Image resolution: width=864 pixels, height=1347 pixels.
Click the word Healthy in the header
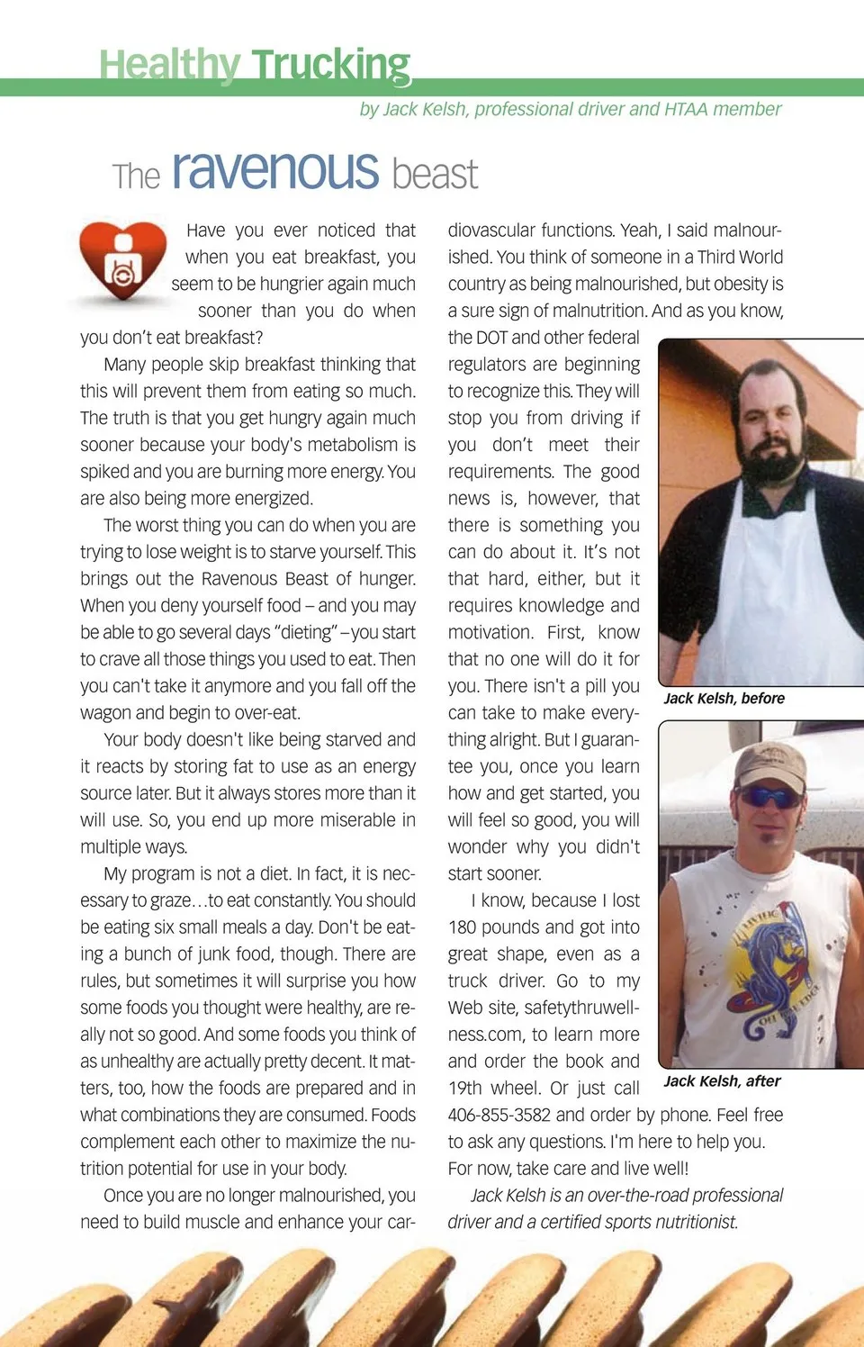pyautogui.click(x=169, y=66)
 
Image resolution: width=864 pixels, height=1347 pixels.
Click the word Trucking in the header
pyautogui.click(x=330, y=66)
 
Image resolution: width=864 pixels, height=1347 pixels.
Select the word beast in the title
pyautogui.click(x=435, y=174)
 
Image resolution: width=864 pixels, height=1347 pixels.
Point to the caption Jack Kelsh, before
pyautogui.click(x=724, y=699)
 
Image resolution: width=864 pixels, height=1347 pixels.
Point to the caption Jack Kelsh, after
pyautogui.click(x=722, y=1081)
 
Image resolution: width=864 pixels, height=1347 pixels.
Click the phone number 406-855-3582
pyautogui.click(x=499, y=1115)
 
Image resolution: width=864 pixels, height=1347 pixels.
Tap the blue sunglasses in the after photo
pyautogui.click(x=767, y=797)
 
